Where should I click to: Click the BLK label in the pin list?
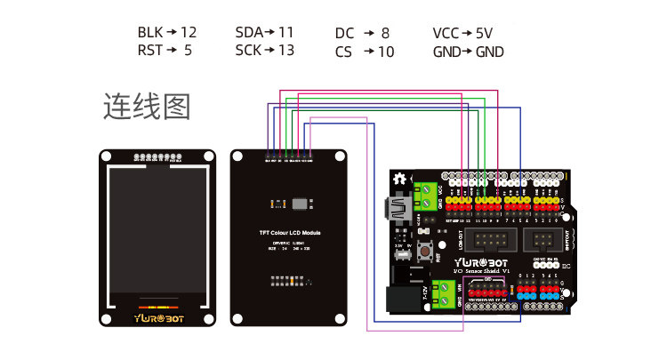pyautogui.click(x=149, y=33)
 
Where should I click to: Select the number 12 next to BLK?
pyautogui.click(x=188, y=33)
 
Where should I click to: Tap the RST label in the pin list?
pyautogui.click(x=149, y=51)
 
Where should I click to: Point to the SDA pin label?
pyautogui.click(x=249, y=33)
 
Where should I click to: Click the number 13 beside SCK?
pyautogui.click(x=285, y=51)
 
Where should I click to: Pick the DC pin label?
pyautogui.click(x=344, y=33)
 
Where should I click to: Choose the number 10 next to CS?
pyautogui.click(x=385, y=52)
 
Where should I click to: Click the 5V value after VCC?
pyautogui.click(x=483, y=33)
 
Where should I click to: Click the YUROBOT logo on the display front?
pyautogui.click(x=158, y=316)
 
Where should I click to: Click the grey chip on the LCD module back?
pyautogui.click(x=301, y=203)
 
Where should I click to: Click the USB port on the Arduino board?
pyautogui.click(x=394, y=210)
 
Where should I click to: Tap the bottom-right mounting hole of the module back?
pyautogui.click(x=339, y=316)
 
